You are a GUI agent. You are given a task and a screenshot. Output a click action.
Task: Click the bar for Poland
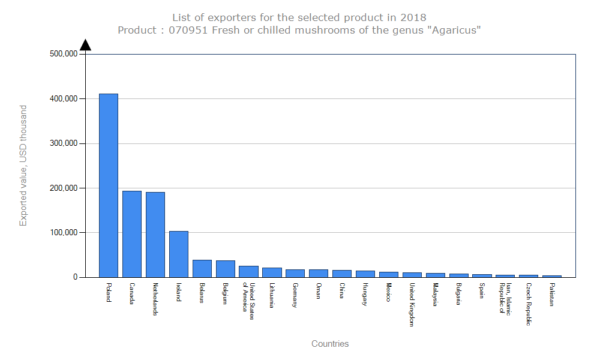109,185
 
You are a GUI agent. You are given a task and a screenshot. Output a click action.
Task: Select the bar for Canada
132,234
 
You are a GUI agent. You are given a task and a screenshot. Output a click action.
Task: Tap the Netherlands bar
155,235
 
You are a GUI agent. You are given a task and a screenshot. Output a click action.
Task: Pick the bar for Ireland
179,254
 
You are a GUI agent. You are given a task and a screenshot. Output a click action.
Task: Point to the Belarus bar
202,268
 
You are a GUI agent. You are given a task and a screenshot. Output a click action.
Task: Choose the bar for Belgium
226,269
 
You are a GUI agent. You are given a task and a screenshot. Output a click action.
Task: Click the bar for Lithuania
272,272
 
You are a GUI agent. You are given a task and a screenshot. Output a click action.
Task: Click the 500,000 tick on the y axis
64,54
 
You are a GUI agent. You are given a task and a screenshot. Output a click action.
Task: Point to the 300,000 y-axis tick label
64,143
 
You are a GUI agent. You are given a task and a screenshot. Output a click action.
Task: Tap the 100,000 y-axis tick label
64,232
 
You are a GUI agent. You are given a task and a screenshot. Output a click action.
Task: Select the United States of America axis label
249,301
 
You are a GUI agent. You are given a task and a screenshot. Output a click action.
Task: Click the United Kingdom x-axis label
412,304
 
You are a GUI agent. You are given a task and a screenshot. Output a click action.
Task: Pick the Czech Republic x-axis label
529,304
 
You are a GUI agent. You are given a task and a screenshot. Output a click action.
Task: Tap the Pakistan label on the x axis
552,295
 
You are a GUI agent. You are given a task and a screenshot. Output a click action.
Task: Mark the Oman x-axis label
319,290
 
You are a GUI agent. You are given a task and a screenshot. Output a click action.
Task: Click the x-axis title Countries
330,344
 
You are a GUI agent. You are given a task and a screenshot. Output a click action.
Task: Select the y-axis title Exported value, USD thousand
23,166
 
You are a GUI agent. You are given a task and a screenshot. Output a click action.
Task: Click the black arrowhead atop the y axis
85,45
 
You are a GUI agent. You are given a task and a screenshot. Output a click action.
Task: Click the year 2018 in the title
413,17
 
